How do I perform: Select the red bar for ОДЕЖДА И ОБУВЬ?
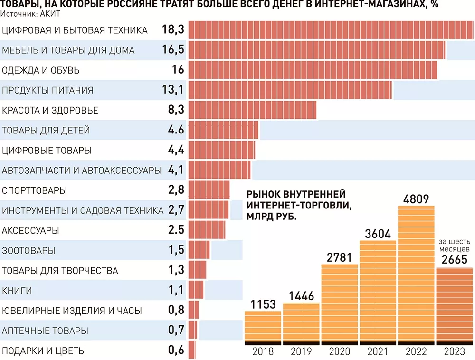[313, 70]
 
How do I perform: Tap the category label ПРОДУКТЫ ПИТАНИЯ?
[48, 90]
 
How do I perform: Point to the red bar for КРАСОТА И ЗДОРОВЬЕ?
[252, 110]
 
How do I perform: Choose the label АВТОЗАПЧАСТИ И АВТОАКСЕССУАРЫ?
[82, 170]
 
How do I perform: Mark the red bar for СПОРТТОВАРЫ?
[209, 190]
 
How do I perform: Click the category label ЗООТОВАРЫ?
[28, 250]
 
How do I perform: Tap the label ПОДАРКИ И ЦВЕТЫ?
[44, 351]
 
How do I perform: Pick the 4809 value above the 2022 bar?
[416, 199]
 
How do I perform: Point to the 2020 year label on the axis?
[339, 352]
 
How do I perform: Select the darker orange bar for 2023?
[454, 305]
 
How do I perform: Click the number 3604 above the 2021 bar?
[378, 234]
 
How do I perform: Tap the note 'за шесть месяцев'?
[454, 245]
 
